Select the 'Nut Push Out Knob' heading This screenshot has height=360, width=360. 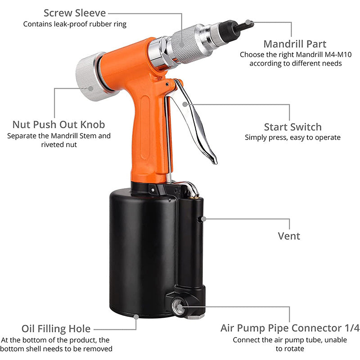58,124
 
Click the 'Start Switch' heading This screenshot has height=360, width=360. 292,127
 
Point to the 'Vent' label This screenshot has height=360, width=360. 289,235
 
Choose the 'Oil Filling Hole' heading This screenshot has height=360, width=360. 56,328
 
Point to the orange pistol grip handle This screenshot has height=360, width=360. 146,135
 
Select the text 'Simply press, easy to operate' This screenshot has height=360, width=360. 292,137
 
